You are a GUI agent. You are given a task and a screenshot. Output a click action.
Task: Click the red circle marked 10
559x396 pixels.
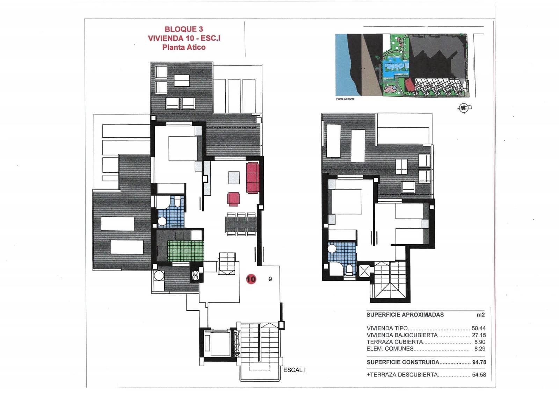(x=251, y=279)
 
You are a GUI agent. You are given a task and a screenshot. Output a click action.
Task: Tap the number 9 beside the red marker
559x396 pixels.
(x=270, y=279)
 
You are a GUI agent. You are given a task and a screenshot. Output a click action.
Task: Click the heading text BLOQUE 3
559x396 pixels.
(x=184, y=29)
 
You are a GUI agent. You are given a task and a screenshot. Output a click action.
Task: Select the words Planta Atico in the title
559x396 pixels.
(x=184, y=48)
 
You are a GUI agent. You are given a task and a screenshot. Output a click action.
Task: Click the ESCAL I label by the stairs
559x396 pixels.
(x=294, y=370)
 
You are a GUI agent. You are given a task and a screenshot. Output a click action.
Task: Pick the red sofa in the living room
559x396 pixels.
(x=253, y=178)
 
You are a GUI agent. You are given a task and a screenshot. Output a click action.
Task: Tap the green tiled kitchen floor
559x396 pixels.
(x=185, y=250)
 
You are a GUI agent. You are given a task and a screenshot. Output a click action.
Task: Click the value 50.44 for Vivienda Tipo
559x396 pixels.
(x=478, y=328)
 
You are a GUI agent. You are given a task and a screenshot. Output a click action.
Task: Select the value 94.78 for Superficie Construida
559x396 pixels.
(x=479, y=362)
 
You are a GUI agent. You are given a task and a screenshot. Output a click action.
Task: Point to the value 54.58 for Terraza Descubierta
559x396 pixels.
(x=479, y=375)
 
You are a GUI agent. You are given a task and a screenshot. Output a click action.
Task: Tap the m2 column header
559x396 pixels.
(x=481, y=315)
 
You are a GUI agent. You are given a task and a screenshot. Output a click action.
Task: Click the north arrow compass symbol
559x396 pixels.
(x=464, y=108)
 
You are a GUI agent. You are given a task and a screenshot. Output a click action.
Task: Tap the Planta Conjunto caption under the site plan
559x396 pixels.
(x=345, y=99)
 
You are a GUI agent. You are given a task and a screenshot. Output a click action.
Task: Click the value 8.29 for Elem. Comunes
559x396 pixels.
(x=480, y=348)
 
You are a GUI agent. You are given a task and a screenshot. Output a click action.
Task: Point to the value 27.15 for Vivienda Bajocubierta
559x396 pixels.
(x=479, y=335)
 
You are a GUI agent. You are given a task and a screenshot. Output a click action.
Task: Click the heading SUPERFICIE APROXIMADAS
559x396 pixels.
(x=405, y=315)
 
